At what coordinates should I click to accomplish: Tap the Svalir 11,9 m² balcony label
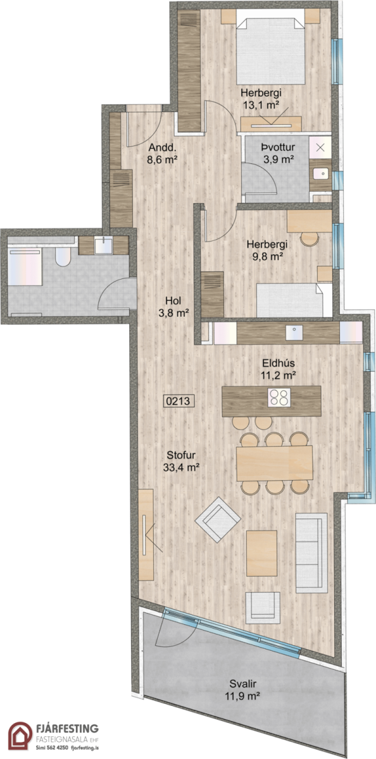click(x=242, y=689)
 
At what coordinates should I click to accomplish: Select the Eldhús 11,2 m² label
click(x=279, y=369)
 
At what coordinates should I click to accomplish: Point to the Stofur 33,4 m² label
click(x=181, y=461)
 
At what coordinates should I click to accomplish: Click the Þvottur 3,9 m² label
click(x=278, y=153)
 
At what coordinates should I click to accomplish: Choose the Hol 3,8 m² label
click(x=173, y=307)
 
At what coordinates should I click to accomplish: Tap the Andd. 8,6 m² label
click(x=163, y=154)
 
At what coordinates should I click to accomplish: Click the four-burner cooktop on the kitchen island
click(x=279, y=397)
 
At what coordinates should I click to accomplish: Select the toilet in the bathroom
click(x=63, y=256)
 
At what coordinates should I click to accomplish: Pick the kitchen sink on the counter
click(x=294, y=333)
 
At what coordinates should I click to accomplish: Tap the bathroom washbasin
click(x=103, y=245)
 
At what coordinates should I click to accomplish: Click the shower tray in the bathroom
click(x=25, y=266)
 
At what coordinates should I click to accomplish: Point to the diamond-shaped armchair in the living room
click(x=218, y=519)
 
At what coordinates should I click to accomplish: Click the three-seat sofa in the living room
click(x=311, y=553)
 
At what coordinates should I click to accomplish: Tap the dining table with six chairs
click(x=274, y=463)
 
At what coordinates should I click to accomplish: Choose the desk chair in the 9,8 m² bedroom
click(x=310, y=238)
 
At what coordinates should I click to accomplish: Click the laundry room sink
click(x=320, y=174)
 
